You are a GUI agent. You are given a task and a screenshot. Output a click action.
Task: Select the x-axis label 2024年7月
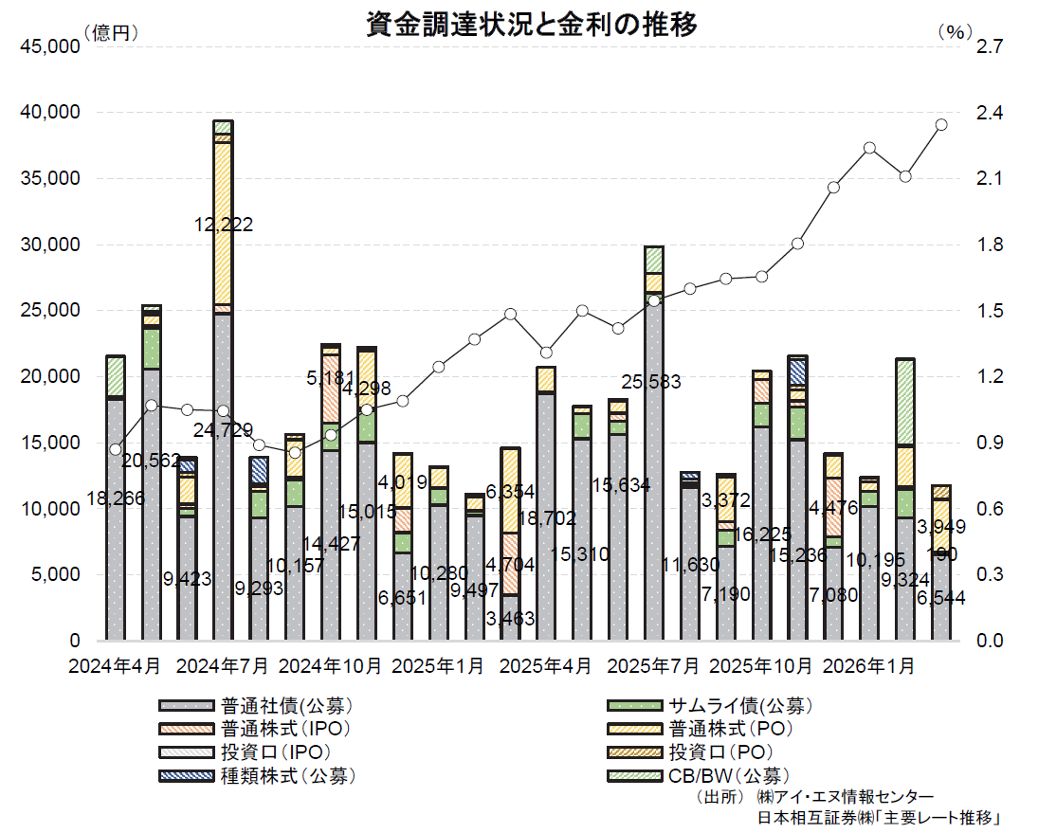(x=223, y=666)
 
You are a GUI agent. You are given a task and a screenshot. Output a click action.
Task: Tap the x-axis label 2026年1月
(x=870, y=666)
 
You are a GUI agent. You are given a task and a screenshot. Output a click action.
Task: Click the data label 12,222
(x=221, y=225)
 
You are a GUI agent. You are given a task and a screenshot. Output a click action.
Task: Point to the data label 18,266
(x=113, y=498)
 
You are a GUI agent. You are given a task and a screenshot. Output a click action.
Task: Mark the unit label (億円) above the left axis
(x=111, y=32)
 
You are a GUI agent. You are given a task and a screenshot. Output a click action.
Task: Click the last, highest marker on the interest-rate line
(x=941, y=124)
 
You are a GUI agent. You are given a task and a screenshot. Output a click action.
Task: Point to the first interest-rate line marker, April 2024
(x=116, y=449)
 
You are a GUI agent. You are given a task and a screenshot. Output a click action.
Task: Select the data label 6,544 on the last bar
(x=948, y=598)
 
